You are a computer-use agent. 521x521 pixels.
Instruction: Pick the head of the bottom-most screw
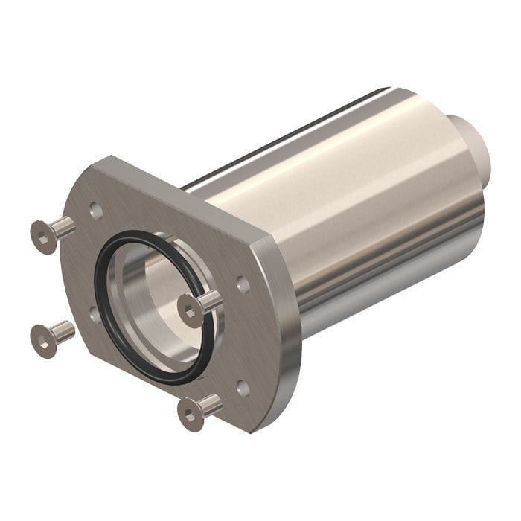[191, 415]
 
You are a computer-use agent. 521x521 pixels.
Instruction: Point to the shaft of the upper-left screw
[65, 226]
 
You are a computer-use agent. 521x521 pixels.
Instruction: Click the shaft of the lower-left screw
[65, 330]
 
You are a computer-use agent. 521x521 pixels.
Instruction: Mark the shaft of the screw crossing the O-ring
[211, 301]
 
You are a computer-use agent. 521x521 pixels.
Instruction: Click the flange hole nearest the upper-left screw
[96, 211]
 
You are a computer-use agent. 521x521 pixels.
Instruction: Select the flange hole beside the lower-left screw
[95, 315]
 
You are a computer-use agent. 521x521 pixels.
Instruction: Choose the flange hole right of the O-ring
[243, 284]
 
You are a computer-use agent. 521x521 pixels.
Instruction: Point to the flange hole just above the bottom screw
[243, 388]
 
